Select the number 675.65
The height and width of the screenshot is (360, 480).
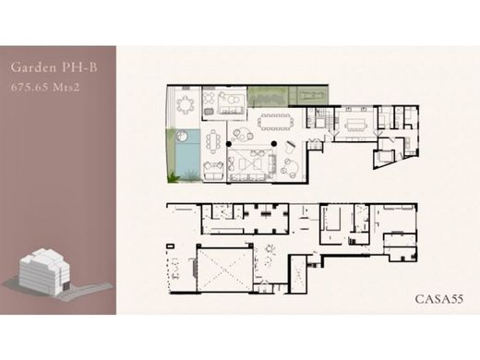pyautogui.click(x=30, y=88)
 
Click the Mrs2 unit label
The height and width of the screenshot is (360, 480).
pyautogui.click(x=66, y=88)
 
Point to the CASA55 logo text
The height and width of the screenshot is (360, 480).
pyautogui.click(x=439, y=299)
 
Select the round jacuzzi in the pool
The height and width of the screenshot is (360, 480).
pyautogui.click(x=183, y=136)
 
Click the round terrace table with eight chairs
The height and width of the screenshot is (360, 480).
pyautogui.click(x=186, y=104)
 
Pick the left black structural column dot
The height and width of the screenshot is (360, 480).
pyautogui.click(x=229, y=144)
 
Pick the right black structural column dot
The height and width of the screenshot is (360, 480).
pyautogui.click(x=274, y=144)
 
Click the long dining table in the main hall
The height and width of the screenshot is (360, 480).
pyautogui.click(x=275, y=122)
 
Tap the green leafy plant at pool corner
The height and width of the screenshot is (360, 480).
pyautogui.click(x=174, y=177)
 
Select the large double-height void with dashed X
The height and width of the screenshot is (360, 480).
pyautogui.click(x=225, y=270)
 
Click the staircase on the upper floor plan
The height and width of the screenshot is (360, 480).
pyautogui.click(x=330, y=119)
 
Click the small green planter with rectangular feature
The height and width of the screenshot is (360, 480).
pyautogui.click(x=313, y=95)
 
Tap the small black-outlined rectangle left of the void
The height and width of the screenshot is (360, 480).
pyautogui.click(x=170, y=246)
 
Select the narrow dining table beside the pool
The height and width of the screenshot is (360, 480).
pyautogui.click(x=213, y=142)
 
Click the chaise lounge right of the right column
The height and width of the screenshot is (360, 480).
pyautogui.click(x=290, y=149)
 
